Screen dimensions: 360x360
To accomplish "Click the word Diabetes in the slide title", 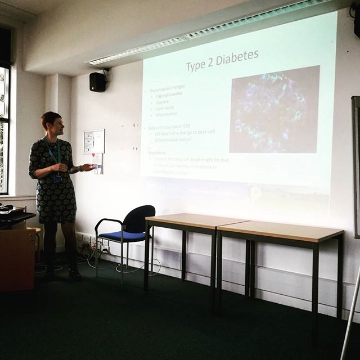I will click(237, 57).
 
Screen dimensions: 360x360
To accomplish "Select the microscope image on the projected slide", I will click(274, 109).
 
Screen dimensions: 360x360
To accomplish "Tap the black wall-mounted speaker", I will click(97, 82).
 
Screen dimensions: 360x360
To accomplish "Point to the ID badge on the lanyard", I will click(57, 178).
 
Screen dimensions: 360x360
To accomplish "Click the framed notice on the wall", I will click(94, 141).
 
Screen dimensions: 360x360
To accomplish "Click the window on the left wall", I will click(4, 129).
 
